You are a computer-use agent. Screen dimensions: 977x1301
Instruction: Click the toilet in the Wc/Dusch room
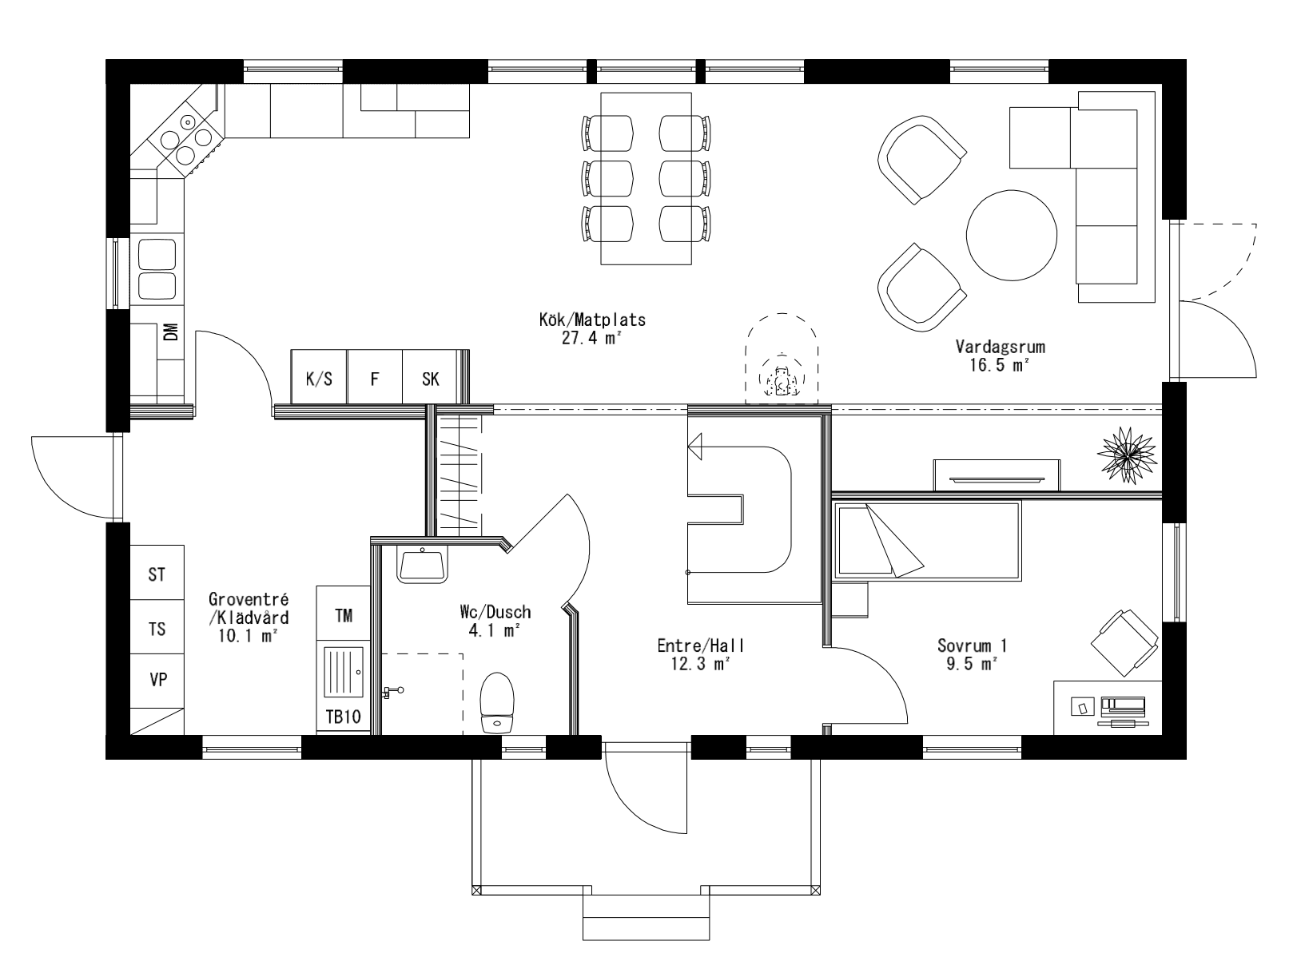click(x=497, y=702)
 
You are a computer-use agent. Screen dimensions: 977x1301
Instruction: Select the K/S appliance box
click(x=319, y=379)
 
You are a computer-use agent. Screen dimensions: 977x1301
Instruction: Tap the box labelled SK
click(x=430, y=379)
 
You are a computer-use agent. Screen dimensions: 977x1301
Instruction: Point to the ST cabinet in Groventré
click(x=157, y=574)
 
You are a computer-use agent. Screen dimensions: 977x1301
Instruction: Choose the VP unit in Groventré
click(x=157, y=680)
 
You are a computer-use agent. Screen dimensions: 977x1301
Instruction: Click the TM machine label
click(x=344, y=615)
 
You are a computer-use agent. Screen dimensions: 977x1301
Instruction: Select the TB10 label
click(x=344, y=717)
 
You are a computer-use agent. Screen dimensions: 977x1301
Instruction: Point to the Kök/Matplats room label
click(x=591, y=320)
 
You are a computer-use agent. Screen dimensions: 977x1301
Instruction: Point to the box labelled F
click(x=374, y=379)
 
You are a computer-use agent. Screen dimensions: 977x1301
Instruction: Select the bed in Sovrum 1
click(x=927, y=541)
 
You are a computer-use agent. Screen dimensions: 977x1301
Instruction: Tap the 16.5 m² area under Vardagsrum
click(x=1001, y=365)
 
